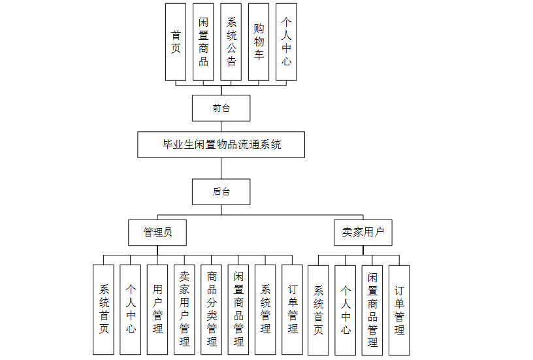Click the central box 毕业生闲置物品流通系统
221,144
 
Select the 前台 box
221,108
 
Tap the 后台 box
221,191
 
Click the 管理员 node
158,232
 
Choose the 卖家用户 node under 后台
363,232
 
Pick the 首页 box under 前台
176,42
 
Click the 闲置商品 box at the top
203,42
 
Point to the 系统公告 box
231,42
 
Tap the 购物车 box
259,42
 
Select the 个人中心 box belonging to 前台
286,42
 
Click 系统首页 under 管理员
103,309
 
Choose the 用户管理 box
157,309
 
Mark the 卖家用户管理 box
185,309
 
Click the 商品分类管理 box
212,309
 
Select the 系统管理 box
265,309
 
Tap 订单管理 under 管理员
293,309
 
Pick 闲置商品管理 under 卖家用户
372,310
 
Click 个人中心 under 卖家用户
346,310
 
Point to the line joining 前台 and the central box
221,126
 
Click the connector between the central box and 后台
221,168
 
